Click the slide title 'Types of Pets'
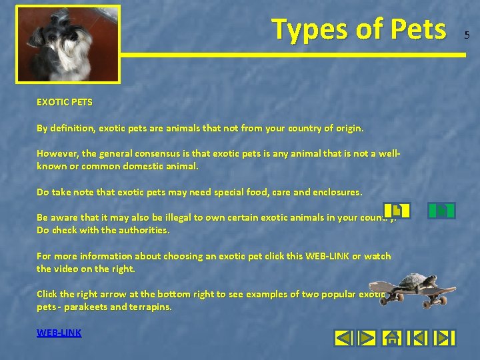coord(358,29)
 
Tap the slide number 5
coord(467,35)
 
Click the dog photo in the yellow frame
coord(67,44)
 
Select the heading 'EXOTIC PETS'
coord(65,103)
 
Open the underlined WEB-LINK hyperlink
coord(59,332)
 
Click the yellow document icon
coord(397,211)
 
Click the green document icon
coord(441,211)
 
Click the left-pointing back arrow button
coord(343,338)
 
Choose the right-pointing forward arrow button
coord(367,338)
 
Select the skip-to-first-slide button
coord(417,338)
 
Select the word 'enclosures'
coord(337,192)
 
